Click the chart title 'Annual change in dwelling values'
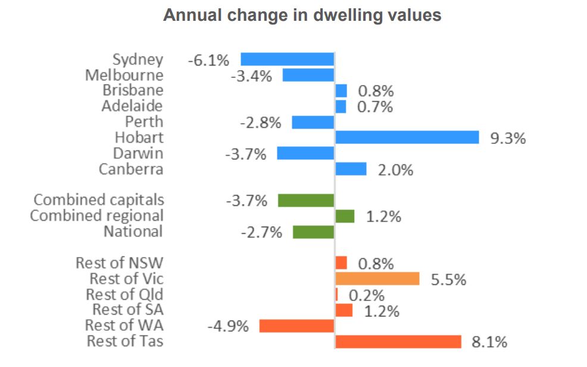pos(302,15)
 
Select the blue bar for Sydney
pos(287,59)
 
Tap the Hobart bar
pos(407,137)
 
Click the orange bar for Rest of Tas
pos(398,341)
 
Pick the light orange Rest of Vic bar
pos(377,279)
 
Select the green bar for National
pos(313,232)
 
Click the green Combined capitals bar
pos(306,200)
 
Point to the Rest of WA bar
pos(296,325)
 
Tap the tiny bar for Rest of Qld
pos(336,294)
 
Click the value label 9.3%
pos(507,139)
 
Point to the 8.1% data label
pos(489,342)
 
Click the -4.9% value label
pos(227,327)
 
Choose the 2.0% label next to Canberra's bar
pos(395,170)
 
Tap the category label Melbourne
pos(124,75)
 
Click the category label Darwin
pos(138,153)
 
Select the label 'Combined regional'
pos(96,215)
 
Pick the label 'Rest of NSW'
pos(119,263)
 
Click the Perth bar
pos(313,122)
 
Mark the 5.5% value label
pos(448,280)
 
